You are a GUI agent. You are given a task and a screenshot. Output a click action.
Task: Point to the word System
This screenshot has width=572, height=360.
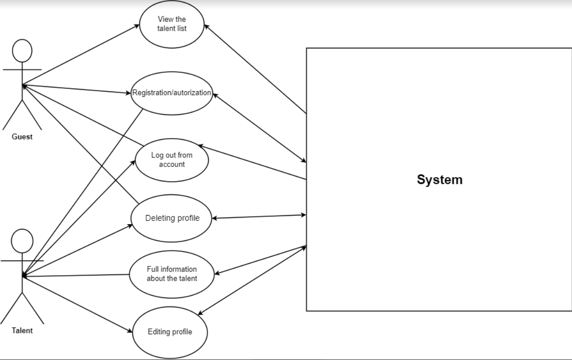(x=440, y=180)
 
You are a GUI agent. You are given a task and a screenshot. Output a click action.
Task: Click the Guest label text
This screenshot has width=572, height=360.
(x=22, y=137)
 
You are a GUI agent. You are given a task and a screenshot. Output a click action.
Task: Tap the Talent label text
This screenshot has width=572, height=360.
(x=22, y=330)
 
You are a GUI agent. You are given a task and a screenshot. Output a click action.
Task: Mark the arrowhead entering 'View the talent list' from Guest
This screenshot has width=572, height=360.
(x=137, y=26)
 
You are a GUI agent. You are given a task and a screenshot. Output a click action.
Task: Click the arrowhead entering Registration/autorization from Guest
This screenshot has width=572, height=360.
(x=128, y=93)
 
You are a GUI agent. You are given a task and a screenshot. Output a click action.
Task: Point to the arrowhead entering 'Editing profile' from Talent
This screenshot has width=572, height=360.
(x=130, y=331)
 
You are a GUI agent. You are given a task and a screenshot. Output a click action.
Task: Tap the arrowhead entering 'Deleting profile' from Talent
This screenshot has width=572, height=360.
(x=130, y=226)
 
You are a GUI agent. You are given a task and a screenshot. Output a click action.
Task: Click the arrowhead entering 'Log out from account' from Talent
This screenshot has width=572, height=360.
(x=133, y=162)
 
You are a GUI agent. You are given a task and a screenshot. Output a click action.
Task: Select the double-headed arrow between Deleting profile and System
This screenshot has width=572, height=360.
(x=259, y=216)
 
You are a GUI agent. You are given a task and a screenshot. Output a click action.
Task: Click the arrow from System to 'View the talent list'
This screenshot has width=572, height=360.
(x=255, y=69)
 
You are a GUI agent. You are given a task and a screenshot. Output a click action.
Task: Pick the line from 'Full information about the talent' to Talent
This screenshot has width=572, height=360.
(x=76, y=276)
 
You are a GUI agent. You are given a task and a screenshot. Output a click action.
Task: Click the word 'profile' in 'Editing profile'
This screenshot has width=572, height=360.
(x=180, y=332)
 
